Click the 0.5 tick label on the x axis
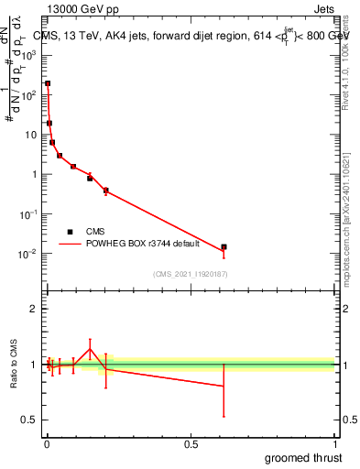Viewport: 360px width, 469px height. [x=191, y=444]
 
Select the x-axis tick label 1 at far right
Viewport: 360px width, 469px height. [x=334, y=444]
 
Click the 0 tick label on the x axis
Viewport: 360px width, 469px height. [x=48, y=444]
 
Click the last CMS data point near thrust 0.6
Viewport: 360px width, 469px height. [x=224, y=247]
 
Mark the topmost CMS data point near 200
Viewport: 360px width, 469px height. [x=48, y=83]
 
